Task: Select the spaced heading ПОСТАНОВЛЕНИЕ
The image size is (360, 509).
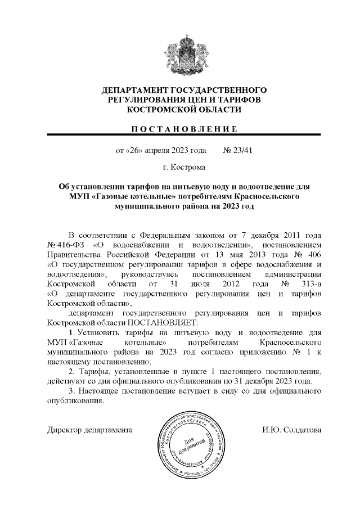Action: coord(183,129)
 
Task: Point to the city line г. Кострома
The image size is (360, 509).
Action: coord(183,168)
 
